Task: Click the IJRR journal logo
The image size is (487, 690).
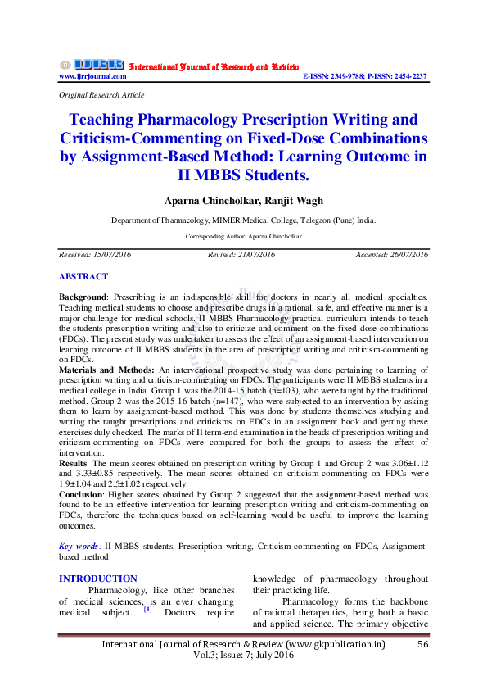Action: click(x=92, y=65)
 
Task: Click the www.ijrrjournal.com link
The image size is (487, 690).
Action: click(x=92, y=76)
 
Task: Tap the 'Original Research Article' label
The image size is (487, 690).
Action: click(x=95, y=95)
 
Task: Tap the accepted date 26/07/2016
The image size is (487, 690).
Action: click(x=405, y=255)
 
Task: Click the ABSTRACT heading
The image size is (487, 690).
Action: click(x=83, y=277)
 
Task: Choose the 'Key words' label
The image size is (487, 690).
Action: click(x=79, y=545)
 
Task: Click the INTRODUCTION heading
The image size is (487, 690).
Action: click(x=97, y=579)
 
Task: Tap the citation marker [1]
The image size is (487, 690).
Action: click(x=147, y=610)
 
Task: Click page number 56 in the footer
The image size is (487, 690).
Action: click(x=423, y=644)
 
